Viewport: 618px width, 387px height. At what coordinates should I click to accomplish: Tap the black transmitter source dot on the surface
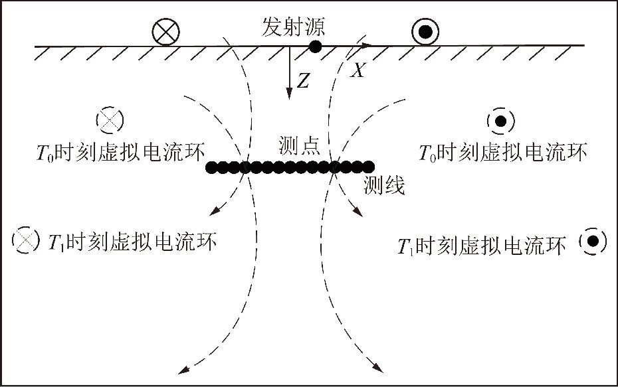(315, 46)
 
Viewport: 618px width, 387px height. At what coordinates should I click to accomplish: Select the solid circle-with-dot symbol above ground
(425, 31)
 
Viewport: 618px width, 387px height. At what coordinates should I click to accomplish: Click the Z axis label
(303, 82)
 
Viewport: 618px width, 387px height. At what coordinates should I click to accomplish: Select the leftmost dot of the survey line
(211, 167)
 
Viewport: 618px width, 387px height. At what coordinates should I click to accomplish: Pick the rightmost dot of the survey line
(369, 167)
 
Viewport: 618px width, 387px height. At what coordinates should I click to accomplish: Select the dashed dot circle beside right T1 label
(593, 241)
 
